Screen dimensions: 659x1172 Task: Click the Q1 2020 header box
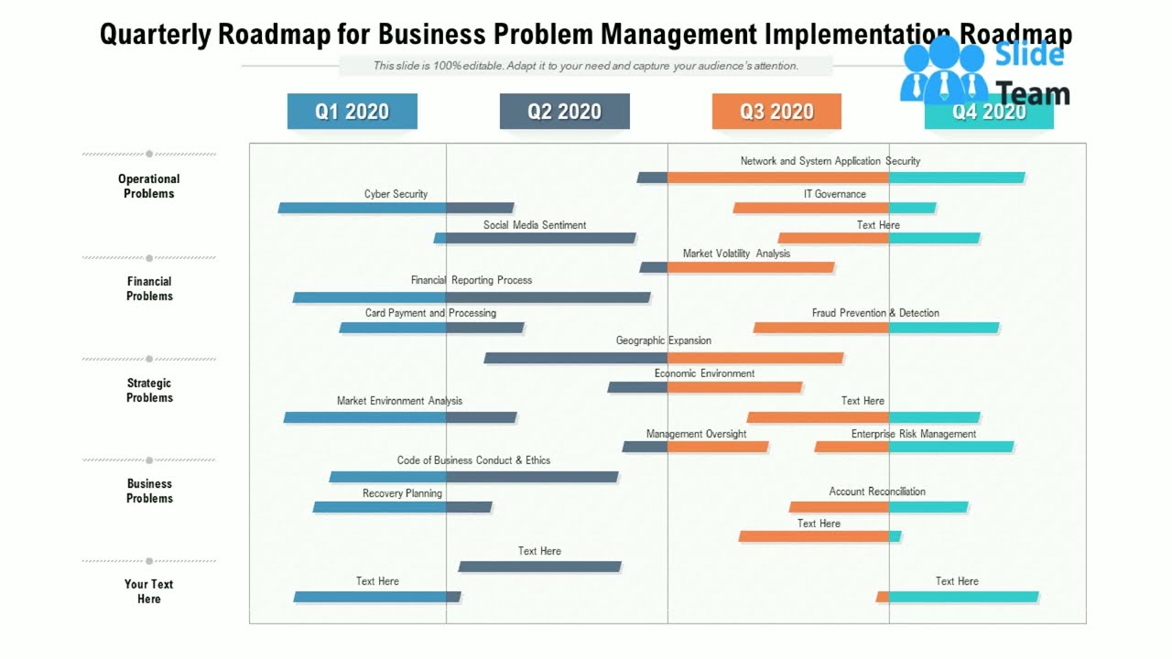[352, 112]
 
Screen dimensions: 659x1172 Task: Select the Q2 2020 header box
[564, 112]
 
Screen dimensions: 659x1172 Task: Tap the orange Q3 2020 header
[776, 112]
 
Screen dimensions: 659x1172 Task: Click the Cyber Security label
[396, 194]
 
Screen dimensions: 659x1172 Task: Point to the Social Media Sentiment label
[535, 225]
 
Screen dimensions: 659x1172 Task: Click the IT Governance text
[834, 194]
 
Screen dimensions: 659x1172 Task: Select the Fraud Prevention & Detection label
[875, 313]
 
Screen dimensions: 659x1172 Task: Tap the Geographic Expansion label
[663, 340]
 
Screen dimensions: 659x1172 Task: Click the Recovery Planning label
[402, 493]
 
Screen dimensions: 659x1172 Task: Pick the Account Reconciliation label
[877, 492]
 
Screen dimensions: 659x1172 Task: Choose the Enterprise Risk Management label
[914, 434]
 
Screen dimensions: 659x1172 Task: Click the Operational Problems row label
[148, 186]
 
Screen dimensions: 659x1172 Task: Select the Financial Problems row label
[149, 288]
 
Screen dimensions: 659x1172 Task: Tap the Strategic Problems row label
[149, 390]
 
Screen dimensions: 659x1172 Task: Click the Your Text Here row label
[149, 591]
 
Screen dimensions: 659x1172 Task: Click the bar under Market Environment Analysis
[400, 417]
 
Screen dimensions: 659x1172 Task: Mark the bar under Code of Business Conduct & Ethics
[473, 477]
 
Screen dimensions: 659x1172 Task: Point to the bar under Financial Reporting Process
[472, 297]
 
